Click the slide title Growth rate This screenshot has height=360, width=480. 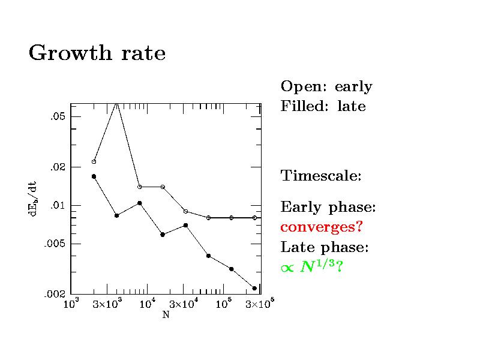coord(97,54)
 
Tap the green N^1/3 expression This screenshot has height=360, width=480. coord(311,267)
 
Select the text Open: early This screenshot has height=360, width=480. coord(326,87)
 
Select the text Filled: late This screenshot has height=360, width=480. coord(323,107)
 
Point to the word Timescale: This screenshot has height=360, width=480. coord(321,176)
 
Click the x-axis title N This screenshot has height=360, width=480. coord(166,315)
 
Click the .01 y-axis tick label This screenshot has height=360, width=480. coord(57,205)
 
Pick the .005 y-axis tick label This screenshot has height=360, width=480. coord(55,244)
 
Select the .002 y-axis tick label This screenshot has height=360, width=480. coord(55,295)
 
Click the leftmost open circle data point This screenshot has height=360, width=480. coord(94,161)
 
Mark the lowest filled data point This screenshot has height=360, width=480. coord(254,288)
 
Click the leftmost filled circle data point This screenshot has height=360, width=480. coord(94,176)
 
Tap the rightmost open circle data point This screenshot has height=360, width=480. coord(254,218)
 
